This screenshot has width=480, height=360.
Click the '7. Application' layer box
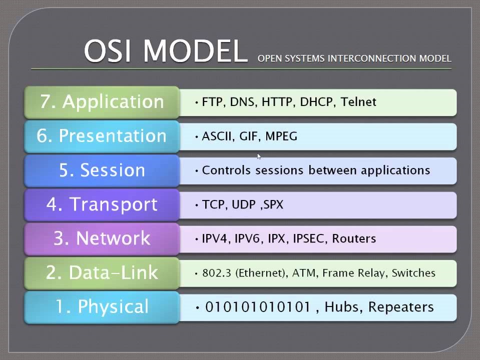(102, 102)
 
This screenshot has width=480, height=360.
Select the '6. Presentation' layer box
(102, 136)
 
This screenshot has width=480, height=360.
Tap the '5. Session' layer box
(102, 170)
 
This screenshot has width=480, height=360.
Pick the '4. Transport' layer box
(102, 205)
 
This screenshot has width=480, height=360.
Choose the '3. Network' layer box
(102, 239)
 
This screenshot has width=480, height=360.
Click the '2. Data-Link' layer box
(102, 273)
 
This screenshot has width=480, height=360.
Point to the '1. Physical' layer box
(102, 307)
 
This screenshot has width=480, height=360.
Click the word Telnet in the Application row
(358, 102)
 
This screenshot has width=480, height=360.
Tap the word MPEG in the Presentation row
(281, 136)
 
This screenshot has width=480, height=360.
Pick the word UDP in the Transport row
(244, 204)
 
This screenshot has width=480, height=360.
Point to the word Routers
(354, 238)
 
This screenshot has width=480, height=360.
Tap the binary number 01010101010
(258, 307)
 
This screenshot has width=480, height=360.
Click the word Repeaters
(401, 307)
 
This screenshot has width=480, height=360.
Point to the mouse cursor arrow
(259, 156)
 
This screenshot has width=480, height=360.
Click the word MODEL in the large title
(195, 51)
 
